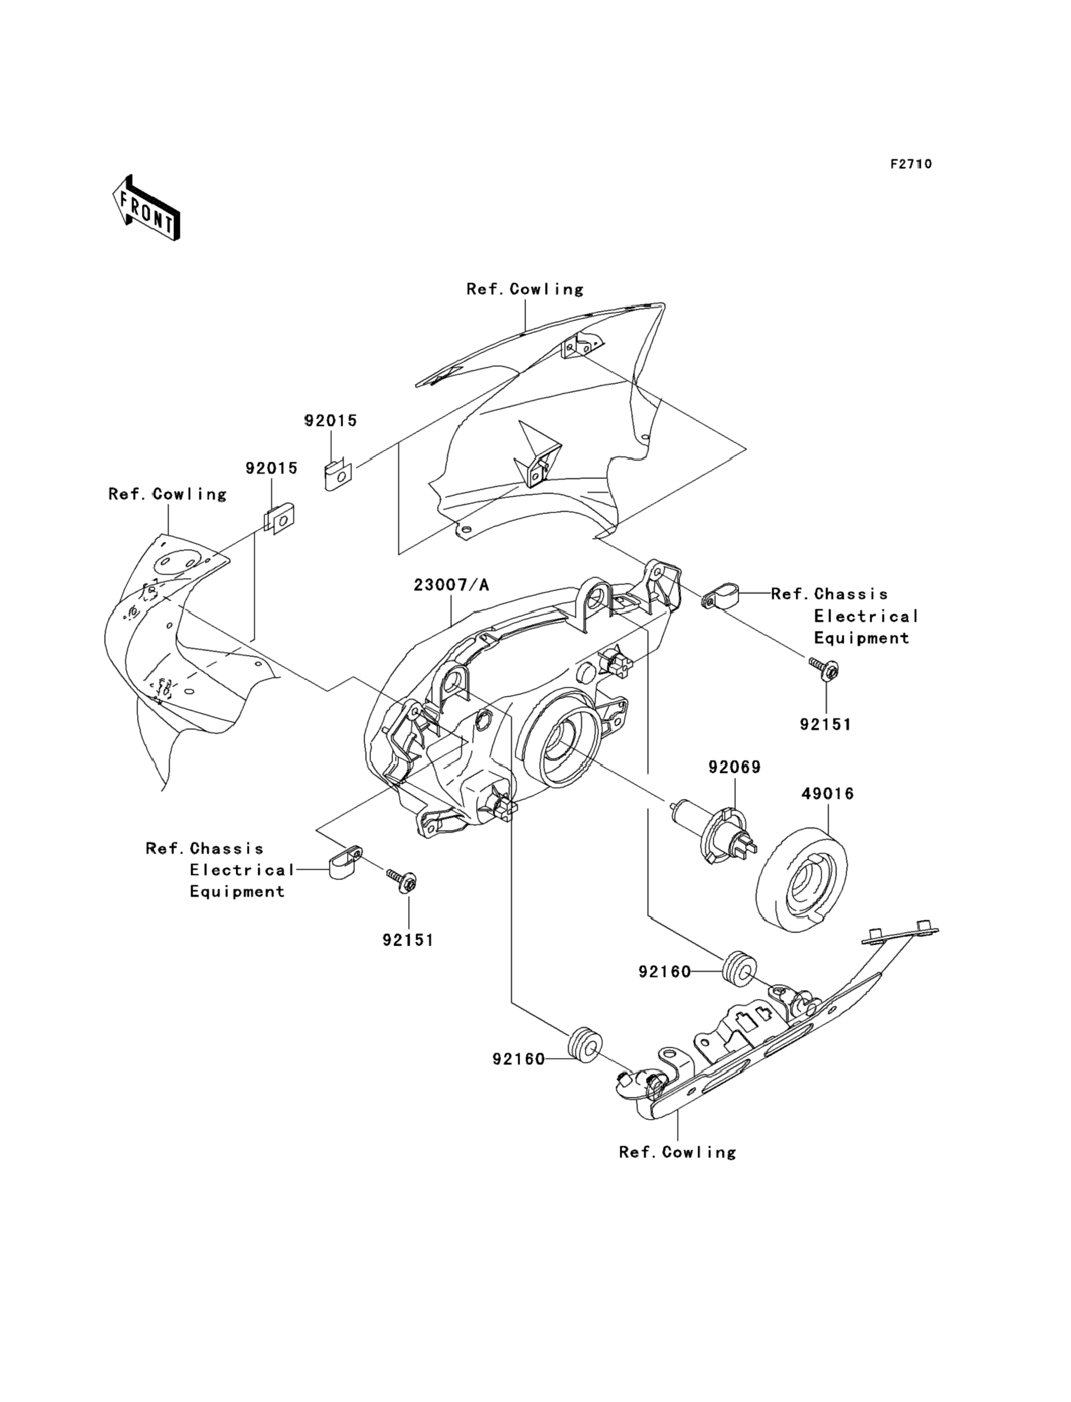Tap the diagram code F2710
pyautogui.click(x=911, y=164)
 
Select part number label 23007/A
pyautogui.click(x=451, y=585)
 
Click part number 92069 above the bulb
pyautogui.click(x=734, y=767)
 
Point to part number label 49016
pyautogui.click(x=828, y=794)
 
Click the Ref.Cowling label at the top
pyautogui.click(x=525, y=289)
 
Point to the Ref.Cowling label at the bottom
pyautogui.click(x=677, y=1152)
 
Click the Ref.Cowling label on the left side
pyautogui.click(x=167, y=494)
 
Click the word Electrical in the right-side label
pyautogui.click(x=866, y=616)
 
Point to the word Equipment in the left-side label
pyautogui.click(x=236, y=892)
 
